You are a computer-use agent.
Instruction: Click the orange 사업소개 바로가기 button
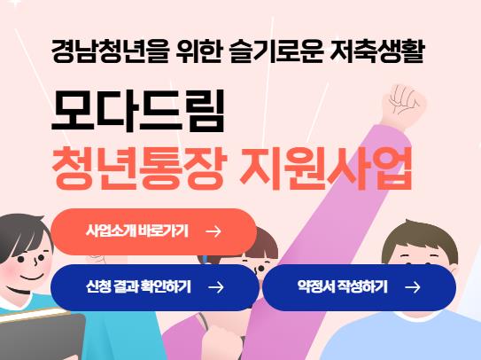click(x=153, y=231)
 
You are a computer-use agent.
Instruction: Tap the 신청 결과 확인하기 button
click(x=155, y=287)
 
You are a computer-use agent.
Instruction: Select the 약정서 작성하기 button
click(x=360, y=287)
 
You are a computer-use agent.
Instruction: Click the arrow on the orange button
click(x=213, y=231)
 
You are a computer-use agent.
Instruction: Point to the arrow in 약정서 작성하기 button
click(x=413, y=287)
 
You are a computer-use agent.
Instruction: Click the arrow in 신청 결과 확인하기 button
click(x=216, y=287)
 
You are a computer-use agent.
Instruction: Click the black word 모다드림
click(x=138, y=111)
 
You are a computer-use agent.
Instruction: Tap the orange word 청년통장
click(x=140, y=168)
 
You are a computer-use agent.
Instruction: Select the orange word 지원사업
click(x=325, y=168)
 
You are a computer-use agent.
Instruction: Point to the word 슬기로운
click(x=276, y=51)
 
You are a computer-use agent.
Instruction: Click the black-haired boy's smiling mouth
click(x=31, y=278)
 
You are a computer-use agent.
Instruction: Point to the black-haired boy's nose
click(x=36, y=262)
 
